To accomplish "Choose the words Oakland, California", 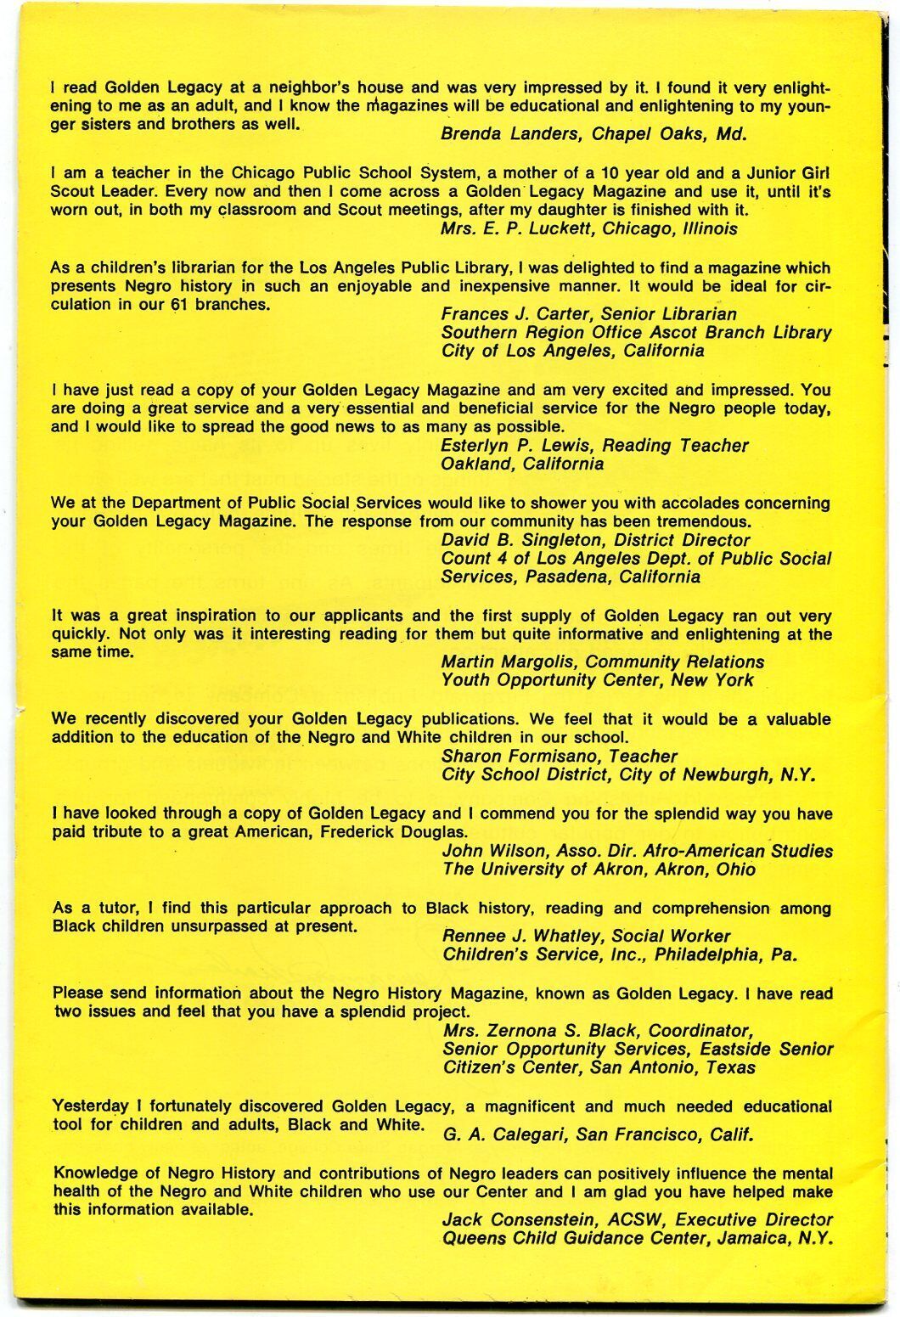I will (522, 464).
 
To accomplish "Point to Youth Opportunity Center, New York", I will (597, 680).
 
